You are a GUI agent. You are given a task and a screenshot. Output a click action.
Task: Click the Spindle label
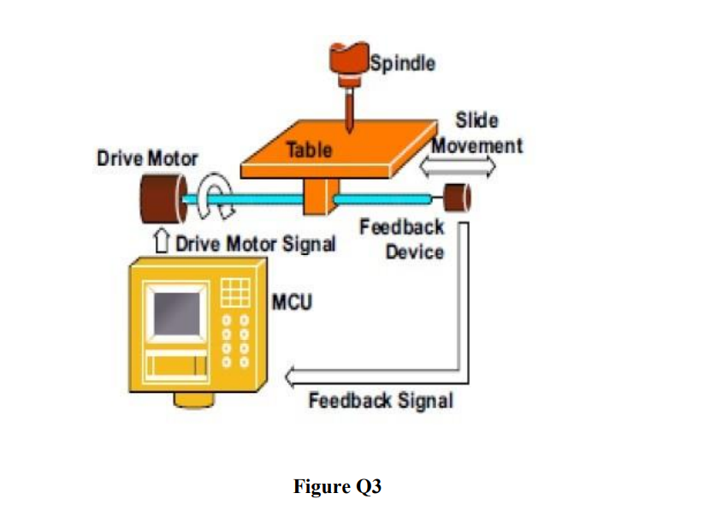402,62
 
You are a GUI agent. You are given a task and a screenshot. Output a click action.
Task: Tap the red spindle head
348,61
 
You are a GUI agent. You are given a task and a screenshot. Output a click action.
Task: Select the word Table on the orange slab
309,150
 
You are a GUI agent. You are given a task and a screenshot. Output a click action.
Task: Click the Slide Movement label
476,133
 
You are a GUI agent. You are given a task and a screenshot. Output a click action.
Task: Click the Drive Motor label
147,158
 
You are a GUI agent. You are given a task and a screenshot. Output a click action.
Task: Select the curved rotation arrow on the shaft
211,197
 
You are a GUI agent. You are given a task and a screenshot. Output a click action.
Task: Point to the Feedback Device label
401,240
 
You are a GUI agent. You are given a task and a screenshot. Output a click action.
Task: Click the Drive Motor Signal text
255,244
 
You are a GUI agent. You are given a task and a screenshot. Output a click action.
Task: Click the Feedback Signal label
380,400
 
